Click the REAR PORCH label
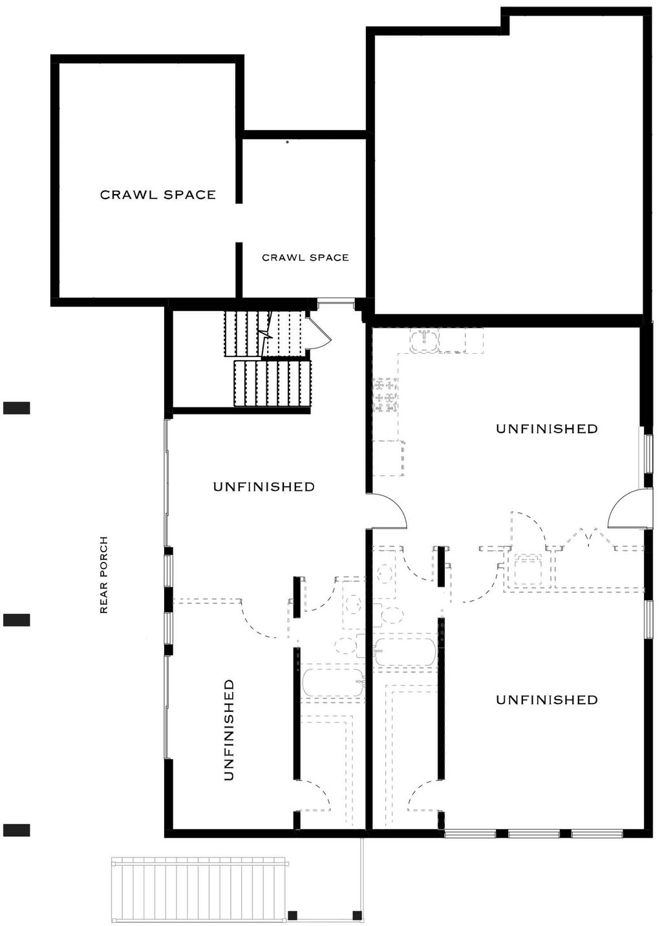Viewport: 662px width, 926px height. (x=103, y=575)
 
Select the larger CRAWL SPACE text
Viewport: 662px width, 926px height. (x=158, y=195)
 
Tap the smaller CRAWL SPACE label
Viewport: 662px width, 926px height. (x=305, y=257)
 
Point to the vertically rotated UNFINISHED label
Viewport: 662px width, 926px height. (x=228, y=730)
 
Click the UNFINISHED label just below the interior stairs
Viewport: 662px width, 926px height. (x=264, y=486)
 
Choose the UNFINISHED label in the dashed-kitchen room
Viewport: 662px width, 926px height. (x=546, y=429)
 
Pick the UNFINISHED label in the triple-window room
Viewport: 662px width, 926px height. (x=546, y=700)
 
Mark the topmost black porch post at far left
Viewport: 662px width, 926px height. (x=17, y=407)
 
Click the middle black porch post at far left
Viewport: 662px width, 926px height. (x=17, y=620)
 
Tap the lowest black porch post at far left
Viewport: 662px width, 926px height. (x=17, y=830)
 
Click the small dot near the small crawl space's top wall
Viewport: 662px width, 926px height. (x=287, y=141)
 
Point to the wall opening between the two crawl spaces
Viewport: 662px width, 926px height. (x=239, y=223)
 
